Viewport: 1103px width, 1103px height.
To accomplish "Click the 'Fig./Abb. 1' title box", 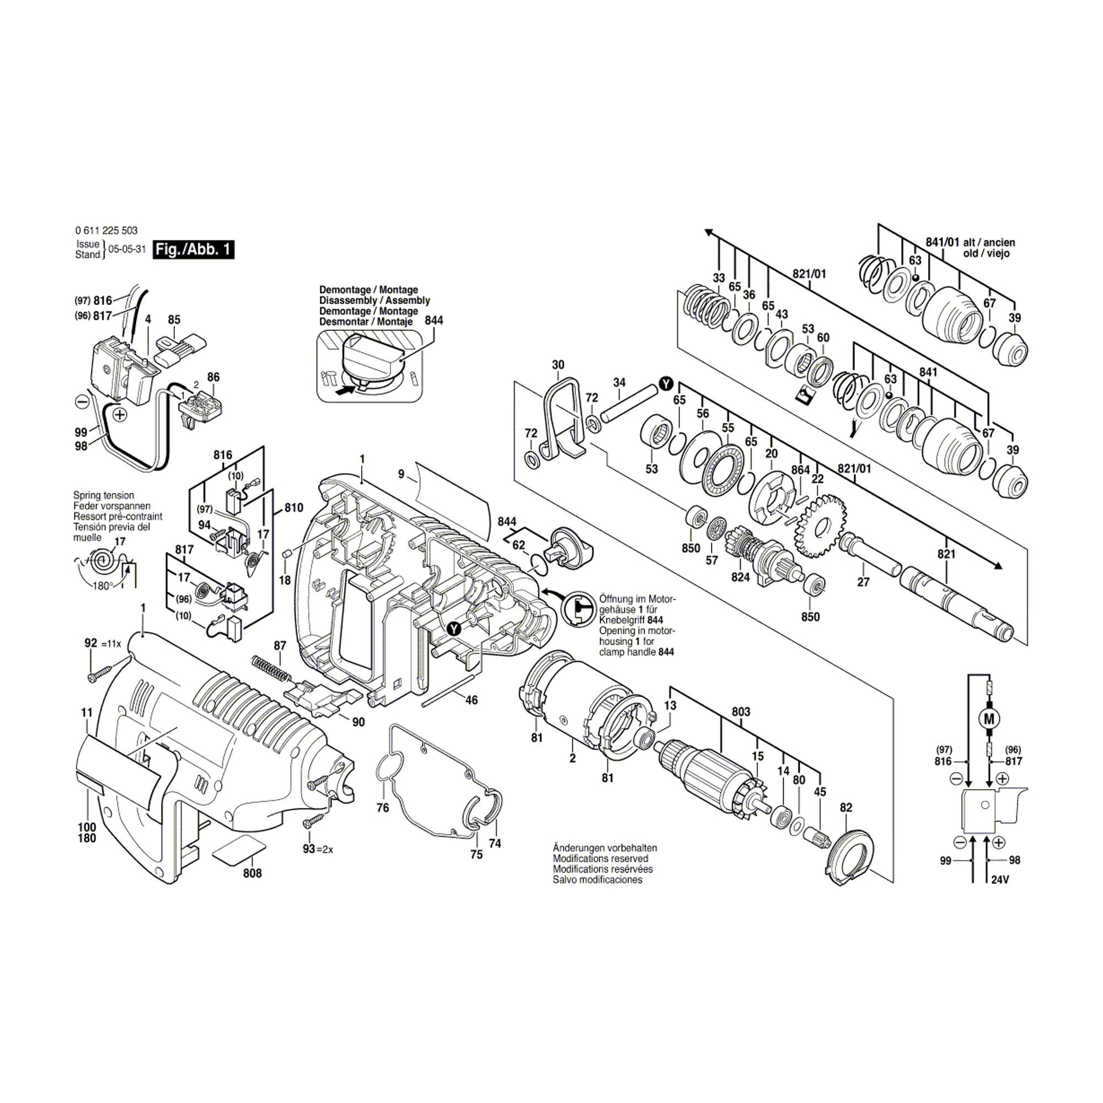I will [194, 250].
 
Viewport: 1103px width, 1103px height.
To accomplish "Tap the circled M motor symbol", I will [990, 718].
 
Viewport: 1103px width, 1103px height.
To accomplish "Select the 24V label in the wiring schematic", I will [1000, 880].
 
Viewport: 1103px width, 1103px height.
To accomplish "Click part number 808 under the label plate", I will [252, 873].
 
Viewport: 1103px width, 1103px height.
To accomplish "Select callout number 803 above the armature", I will [741, 712].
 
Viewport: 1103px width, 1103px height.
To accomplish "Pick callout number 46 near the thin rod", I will [472, 700].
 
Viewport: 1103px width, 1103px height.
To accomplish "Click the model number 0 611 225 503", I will [106, 231].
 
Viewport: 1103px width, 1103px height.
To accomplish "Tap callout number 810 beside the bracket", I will [293, 508].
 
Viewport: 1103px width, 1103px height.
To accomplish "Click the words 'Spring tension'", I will [103, 496].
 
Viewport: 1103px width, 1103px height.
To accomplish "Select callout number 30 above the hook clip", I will [558, 365].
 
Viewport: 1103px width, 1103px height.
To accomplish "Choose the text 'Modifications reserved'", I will [600, 859].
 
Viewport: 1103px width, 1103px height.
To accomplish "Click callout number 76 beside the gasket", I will [383, 807].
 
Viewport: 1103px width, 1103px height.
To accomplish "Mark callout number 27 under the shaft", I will [863, 582].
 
